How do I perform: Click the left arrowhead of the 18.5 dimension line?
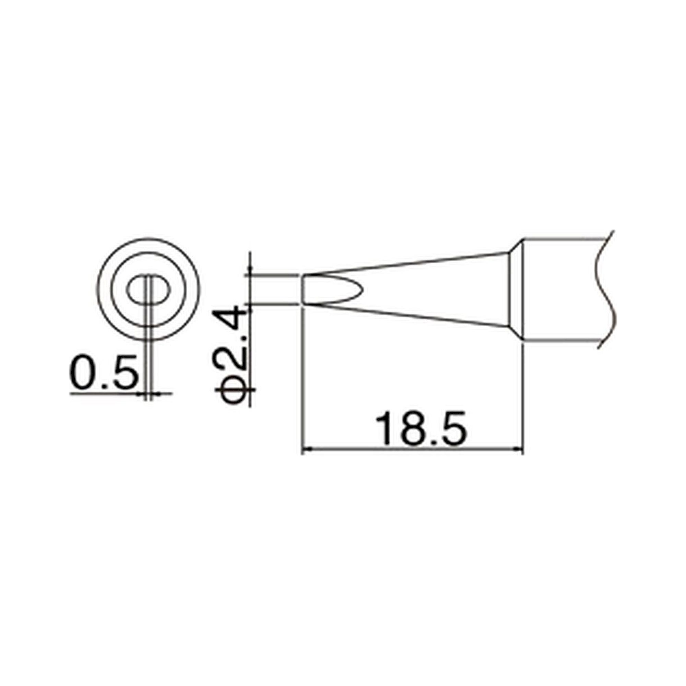(305, 450)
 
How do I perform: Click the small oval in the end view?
(148, 290)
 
